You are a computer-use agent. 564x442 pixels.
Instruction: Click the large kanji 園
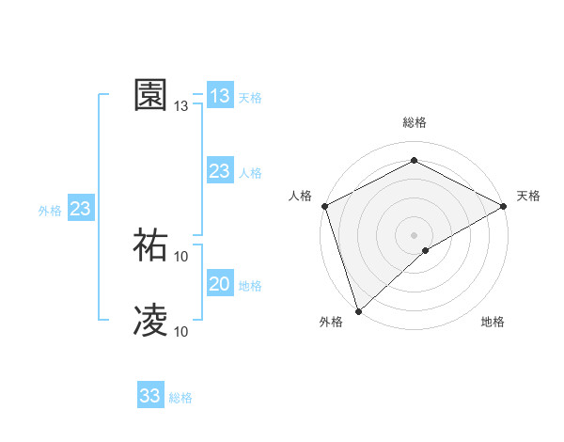[x=150, y=95]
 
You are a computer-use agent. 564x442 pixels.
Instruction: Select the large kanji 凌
[x=150, y=320]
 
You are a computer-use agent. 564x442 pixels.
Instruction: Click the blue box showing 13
[x=219, y=95]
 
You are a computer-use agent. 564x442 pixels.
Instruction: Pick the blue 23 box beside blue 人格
[x=219, y=170]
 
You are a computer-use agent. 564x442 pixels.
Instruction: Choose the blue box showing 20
[x=219, y=284]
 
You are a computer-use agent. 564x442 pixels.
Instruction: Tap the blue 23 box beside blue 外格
[x=80, y=209]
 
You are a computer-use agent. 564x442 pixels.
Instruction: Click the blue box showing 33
[x=150, y=396]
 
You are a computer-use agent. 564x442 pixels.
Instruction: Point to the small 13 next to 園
[x=181, y=106]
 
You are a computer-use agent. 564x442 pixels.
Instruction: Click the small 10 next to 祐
[x=181, y=256]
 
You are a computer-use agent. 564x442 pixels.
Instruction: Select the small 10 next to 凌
[x=181, y=331]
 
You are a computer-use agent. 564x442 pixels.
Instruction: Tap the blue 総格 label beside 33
[x=180, y=398]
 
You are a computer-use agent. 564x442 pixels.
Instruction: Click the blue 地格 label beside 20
[x=250, y=286]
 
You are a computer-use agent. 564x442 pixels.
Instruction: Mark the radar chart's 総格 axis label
[x=414, y=122]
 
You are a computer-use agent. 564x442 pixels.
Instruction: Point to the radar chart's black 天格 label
[x=528, y=196]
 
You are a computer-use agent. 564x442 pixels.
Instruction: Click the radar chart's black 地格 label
[x=493, y=323]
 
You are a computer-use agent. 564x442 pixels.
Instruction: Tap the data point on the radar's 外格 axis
[x=358, y=310]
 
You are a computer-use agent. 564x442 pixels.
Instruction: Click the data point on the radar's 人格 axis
[x=324, y=205]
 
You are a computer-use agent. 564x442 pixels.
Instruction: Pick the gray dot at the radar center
[x=414, y=234]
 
